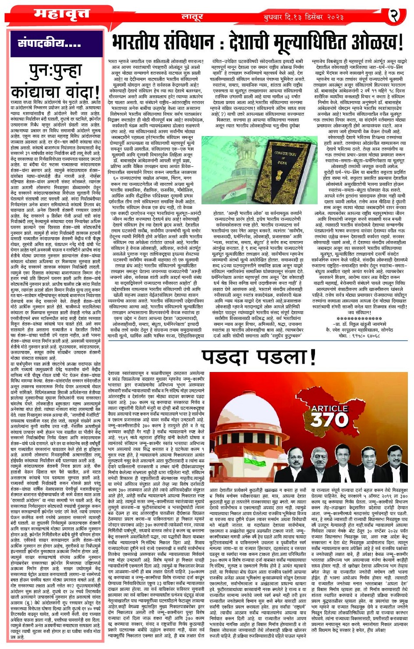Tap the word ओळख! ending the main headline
pyautogui.click(x=376, y=43)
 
